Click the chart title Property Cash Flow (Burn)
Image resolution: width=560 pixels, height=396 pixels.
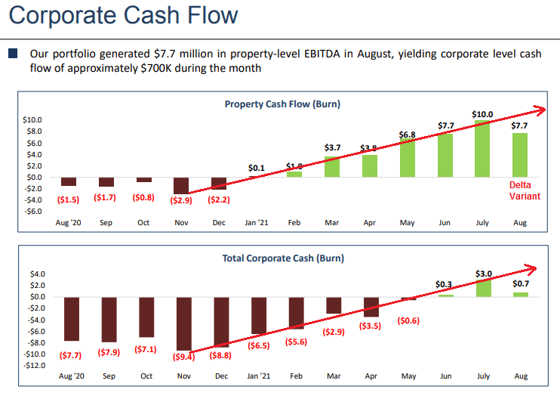pyautogui.click(x=282, y=104)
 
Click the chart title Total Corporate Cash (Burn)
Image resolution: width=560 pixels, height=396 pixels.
pyautogui.click(x=282, y=258)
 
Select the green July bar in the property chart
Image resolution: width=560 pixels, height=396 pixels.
pyautogui.click(x=482, y=148)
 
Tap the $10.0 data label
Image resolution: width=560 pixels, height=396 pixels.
pyautogui.click(x=482, y=114)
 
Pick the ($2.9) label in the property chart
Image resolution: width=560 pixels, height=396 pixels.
pyautogui.click(x=181, y=200)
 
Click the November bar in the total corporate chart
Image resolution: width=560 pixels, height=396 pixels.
pyautogui.click(x=184, y=323)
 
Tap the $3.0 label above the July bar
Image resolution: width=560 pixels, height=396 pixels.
pyautogui.click(x=484, y=273)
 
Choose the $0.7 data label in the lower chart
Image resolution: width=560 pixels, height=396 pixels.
pyautogui.click(x=521, y=284)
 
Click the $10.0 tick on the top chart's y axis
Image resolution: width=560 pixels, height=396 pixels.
pyautogui.click(x=32, y=120)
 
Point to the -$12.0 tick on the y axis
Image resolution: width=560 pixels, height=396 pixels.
pyautogui.click(x=32, y=366)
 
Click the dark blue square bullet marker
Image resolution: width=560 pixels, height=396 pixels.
pyautogui.click(x=12, y=54)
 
